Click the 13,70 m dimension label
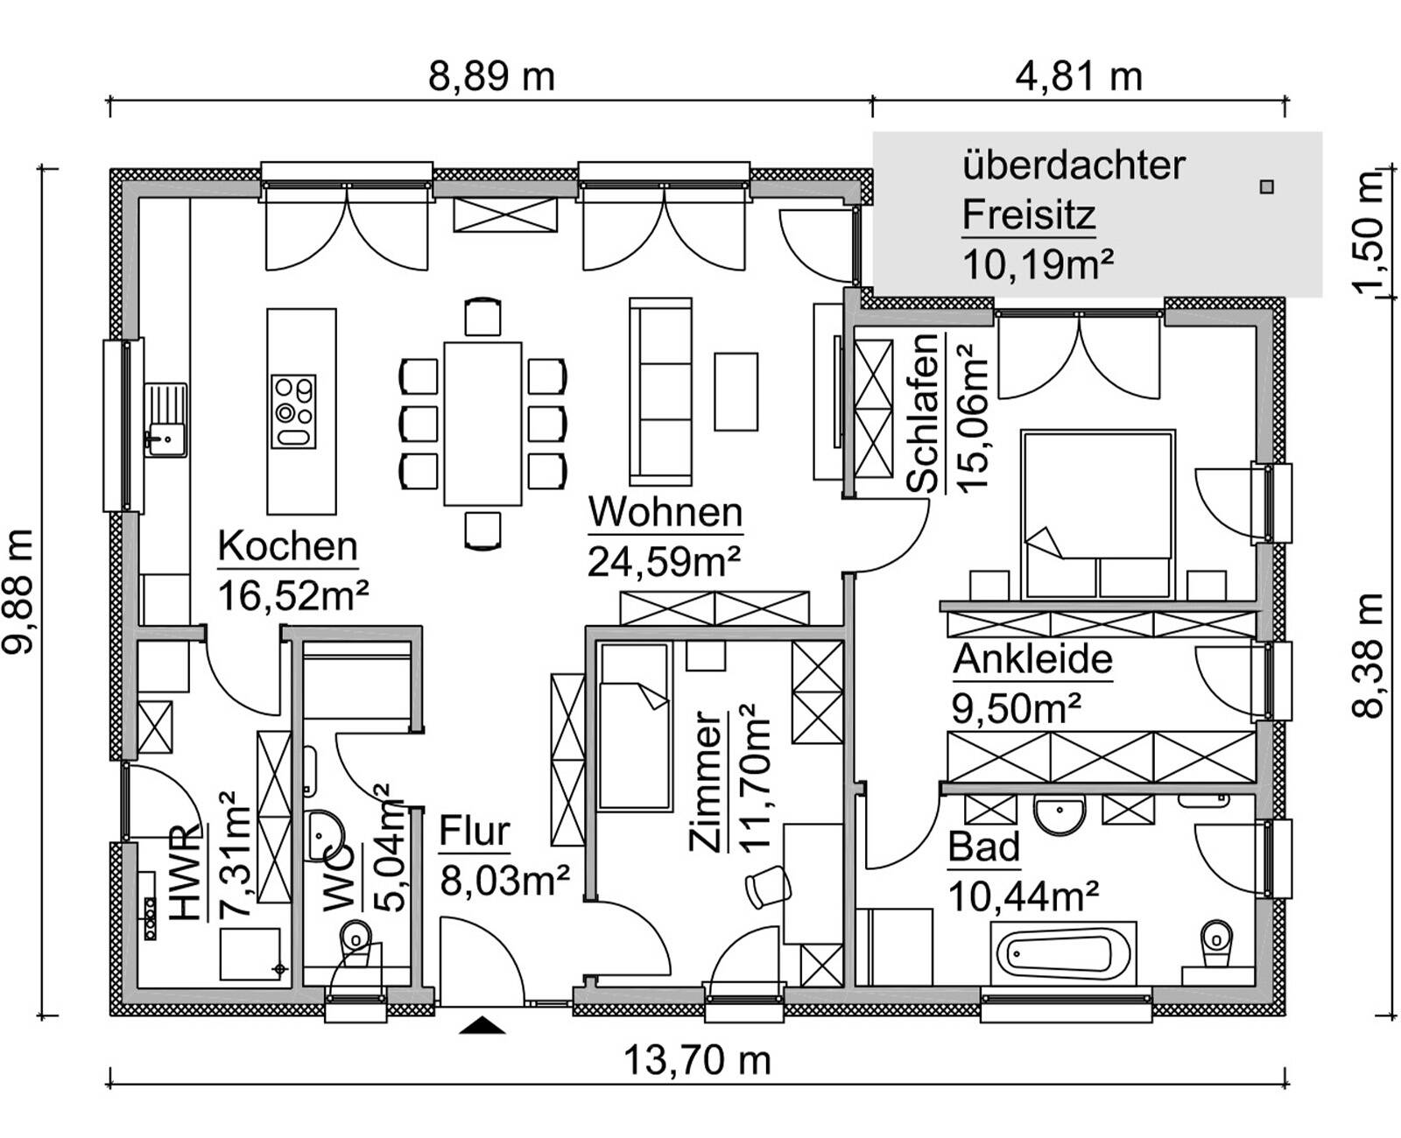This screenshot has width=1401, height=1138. click(696, 1060)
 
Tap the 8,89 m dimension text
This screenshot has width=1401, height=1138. click(491, 77)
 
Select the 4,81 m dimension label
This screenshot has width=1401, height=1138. click(1078, 77)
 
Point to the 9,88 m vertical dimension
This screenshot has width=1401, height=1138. click(19, 591)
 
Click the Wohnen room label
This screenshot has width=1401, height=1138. click(665, 512)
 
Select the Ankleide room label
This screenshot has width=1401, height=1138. click(1032, 659)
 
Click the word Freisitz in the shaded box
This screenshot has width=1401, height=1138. click(1029, 214)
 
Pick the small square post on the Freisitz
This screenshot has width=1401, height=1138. click(1266, 186)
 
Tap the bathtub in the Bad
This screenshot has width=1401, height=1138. click(1064, 952)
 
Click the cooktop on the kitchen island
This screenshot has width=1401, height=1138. click(293, 411)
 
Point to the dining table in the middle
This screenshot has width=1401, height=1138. click(482, 424)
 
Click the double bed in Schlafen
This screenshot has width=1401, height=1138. click(1098, 512)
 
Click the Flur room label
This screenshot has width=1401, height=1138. click(474, 832)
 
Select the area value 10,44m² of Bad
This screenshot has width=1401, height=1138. click(1023, 896)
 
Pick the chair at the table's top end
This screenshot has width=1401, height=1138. click(482, 317)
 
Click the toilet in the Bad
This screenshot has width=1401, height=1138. click(1214, 944)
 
